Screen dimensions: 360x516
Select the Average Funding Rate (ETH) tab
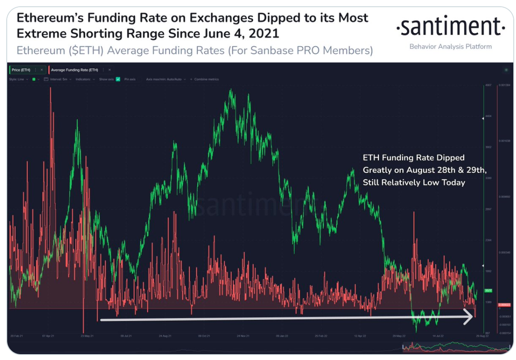[x=74, y=70]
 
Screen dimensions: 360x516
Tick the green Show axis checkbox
[x=118, y=79]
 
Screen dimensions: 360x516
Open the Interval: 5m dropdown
[x=60, y=79]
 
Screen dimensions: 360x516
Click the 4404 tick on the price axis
[x=489, y=116]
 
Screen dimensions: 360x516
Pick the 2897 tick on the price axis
[x=489, y=209]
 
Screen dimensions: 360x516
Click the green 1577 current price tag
[x=489, y=291]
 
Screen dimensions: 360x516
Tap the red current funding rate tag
[x=504, y=305]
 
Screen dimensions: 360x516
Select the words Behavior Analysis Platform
[x=450, y=46]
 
